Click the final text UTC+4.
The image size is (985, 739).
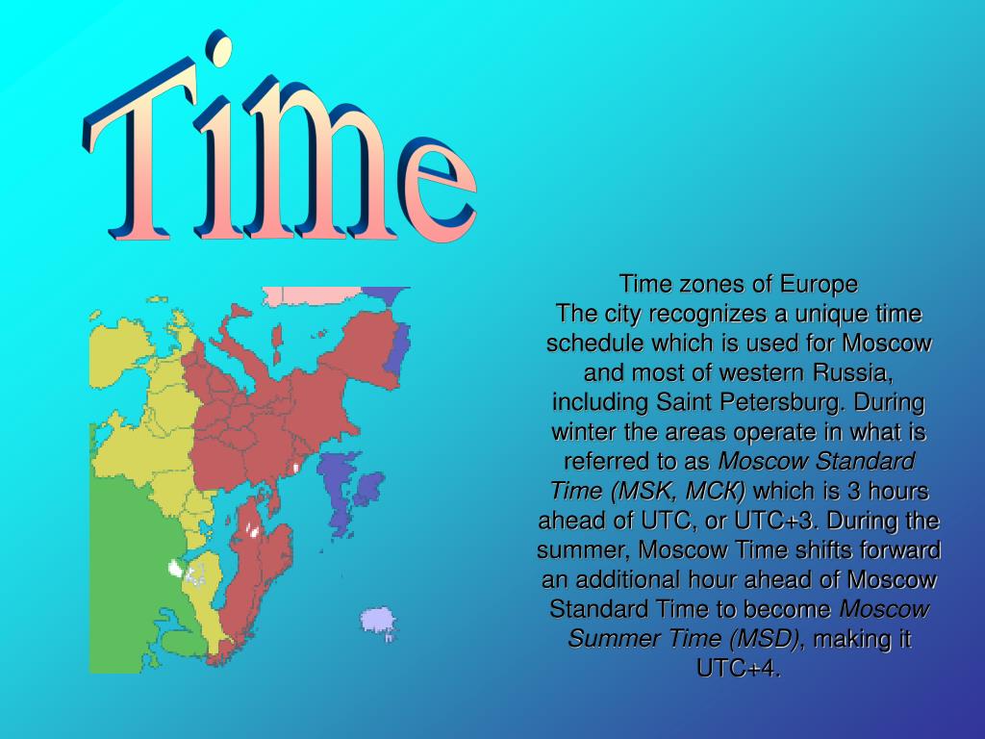[x=738, y=669]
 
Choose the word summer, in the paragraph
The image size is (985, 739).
[x=584, y=551]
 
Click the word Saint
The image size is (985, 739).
[x=687, y=402]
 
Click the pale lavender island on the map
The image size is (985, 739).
[x=378, y=620]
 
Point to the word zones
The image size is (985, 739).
[x=713, y=285]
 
